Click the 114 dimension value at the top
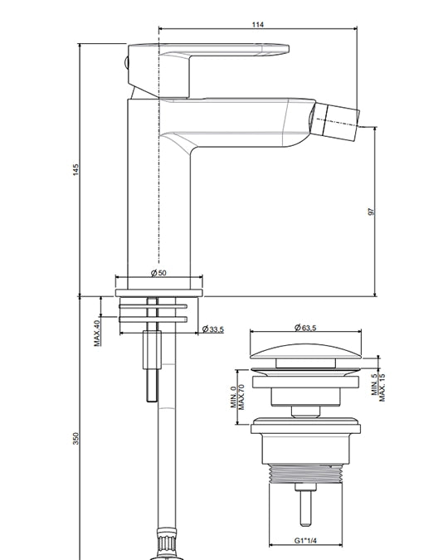click(x=257, y=24)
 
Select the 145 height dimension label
click(x=75, y=169)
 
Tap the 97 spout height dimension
click(x=371, y=212)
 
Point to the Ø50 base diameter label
click(x=158, y=273)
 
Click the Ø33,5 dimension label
click(x=213, y=329)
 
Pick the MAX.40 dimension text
click(x=97, y=333)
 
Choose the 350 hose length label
click(x=75, y=438)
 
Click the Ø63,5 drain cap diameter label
click(x=305, y=328)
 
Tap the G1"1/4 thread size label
click(x=305, y=540)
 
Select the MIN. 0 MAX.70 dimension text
click(x=237, y=397)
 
